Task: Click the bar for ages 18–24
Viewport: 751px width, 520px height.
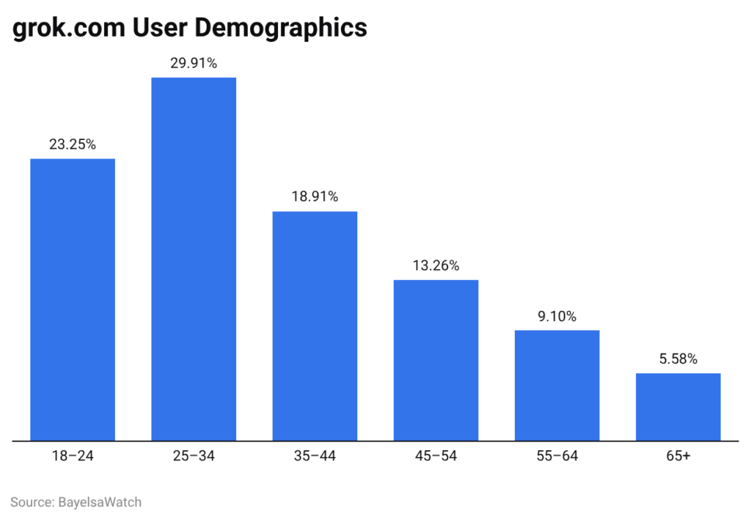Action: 73,299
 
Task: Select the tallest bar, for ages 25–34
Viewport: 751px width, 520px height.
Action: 194,259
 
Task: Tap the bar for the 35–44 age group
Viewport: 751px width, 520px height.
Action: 315,326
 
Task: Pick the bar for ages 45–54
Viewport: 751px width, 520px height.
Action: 436,360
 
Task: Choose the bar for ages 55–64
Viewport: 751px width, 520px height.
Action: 557,385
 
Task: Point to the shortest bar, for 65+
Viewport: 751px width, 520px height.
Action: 678,407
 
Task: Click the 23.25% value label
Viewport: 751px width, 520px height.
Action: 73,144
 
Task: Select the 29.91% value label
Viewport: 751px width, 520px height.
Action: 194,63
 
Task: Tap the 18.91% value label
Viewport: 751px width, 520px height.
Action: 315,197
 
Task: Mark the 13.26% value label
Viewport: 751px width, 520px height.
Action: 436,266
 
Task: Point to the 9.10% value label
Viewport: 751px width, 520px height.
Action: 557,316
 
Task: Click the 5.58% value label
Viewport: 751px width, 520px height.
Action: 678,359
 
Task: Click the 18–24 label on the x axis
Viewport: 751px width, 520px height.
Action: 73,456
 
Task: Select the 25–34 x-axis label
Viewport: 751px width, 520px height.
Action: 194,456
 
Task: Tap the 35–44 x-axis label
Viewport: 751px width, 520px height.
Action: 315,456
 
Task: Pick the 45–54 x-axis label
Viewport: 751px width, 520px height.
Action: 436,456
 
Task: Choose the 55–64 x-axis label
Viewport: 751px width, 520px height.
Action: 557,456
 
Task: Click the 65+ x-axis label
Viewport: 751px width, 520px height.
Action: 678,456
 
